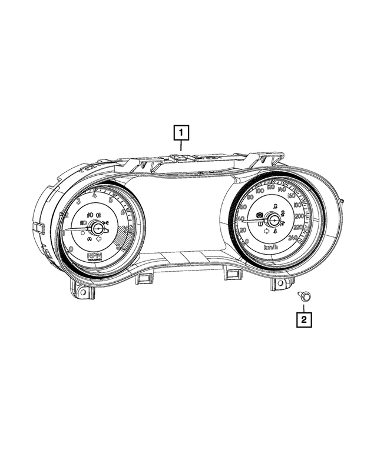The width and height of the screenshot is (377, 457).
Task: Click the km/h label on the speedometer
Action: (x=272, y=247)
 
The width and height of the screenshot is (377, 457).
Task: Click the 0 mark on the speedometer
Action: (x=247, y=241)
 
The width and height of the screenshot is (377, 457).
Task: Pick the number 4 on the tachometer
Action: (x=95, y=196)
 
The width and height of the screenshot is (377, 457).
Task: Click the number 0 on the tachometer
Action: (x=71, y=249)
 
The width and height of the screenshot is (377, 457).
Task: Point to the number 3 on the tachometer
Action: (x=78, y=202)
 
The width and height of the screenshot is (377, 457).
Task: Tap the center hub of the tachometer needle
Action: (x=95, y=224)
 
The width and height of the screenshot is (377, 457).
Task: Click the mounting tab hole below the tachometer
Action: (x=83, y=291)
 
